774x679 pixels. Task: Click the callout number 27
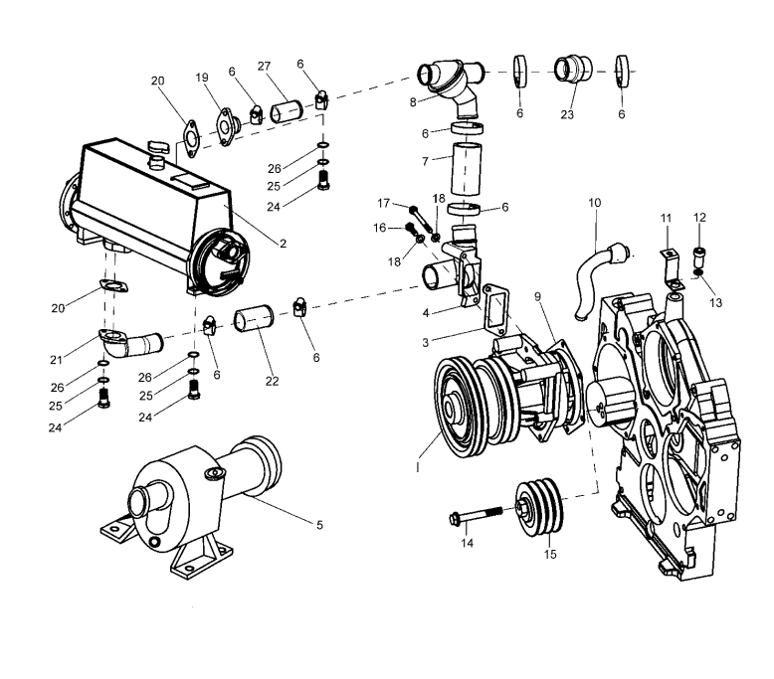264,67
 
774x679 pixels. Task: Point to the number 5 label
318,525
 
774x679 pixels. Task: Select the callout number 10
595,203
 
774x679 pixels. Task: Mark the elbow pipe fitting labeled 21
135,342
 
